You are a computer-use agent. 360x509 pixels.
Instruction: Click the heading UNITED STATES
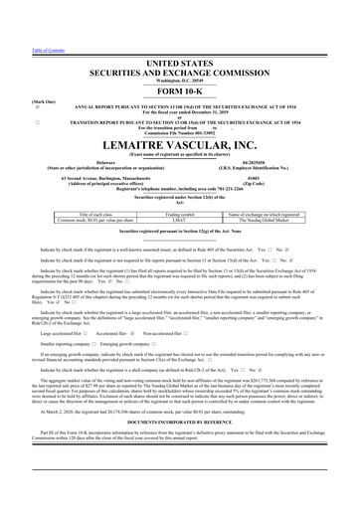coord(180,34)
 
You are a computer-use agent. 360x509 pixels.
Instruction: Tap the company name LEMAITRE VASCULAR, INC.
coord(180,146)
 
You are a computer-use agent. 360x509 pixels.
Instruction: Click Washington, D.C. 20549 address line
coord(180,52)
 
